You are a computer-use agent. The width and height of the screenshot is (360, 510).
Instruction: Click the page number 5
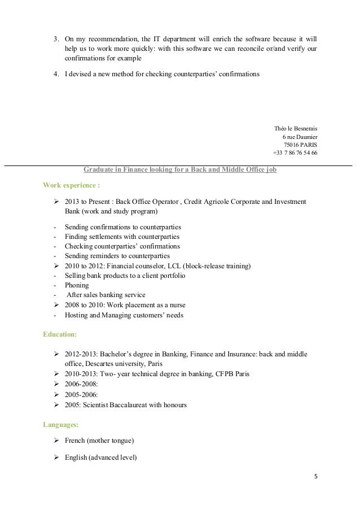316,476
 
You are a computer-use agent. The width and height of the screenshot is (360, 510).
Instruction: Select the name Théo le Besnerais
295,127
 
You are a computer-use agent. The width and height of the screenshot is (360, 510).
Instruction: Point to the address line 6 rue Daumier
299,136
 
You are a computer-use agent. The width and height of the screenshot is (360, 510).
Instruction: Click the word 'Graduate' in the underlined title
99,168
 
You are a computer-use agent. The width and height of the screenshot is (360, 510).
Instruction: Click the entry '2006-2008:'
84,385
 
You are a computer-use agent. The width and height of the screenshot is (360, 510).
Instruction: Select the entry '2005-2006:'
84,395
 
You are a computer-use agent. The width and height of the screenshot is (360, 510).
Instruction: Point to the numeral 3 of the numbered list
55,40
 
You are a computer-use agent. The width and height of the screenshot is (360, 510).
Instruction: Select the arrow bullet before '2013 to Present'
56,202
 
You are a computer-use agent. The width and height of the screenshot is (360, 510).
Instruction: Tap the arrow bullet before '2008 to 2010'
56,305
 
